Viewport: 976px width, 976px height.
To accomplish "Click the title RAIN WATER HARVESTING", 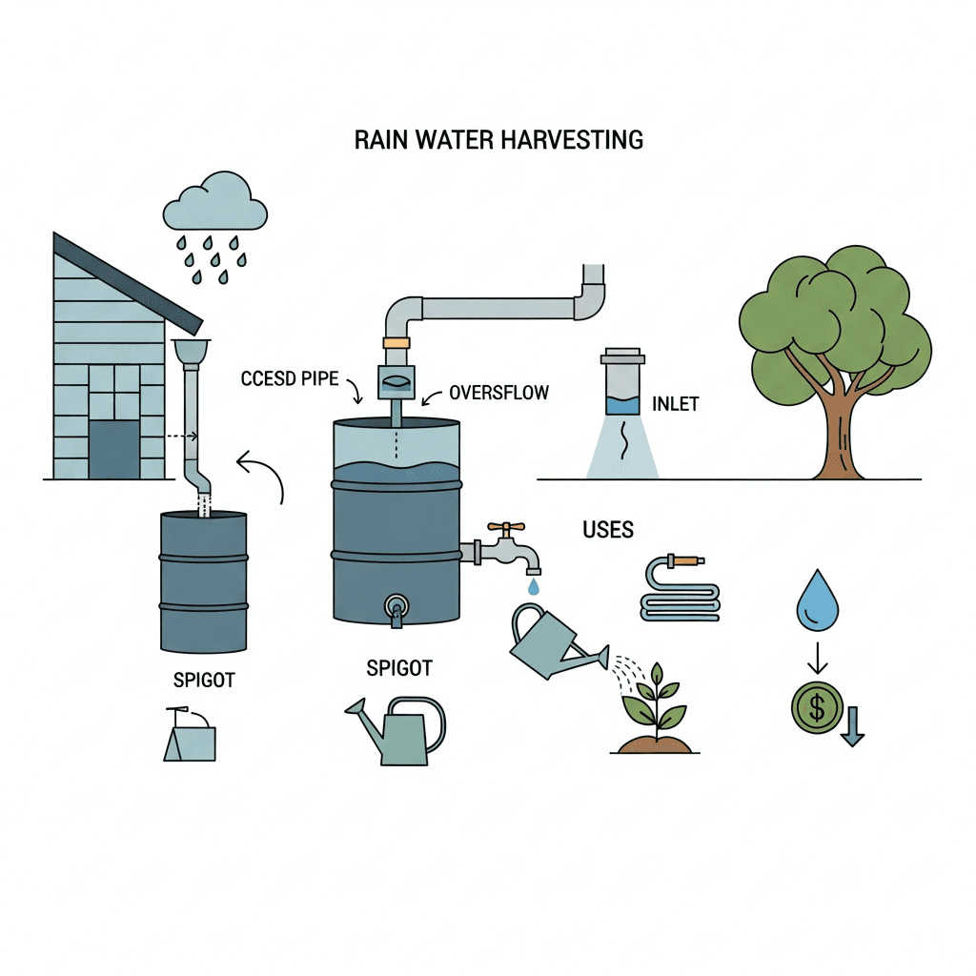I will (498, 140).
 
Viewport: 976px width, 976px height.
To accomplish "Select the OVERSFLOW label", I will (498, 393).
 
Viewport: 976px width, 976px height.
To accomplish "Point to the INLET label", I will (675, 404).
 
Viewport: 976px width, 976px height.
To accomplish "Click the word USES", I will (607, 530).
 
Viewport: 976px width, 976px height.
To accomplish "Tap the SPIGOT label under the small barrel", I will (204, 681).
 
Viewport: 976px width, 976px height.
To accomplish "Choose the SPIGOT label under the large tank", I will (398, 669).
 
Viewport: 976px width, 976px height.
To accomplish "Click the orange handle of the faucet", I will (505, 526).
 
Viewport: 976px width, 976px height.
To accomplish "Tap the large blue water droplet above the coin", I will (817, 602).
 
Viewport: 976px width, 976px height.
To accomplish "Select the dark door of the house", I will (113, 450).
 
